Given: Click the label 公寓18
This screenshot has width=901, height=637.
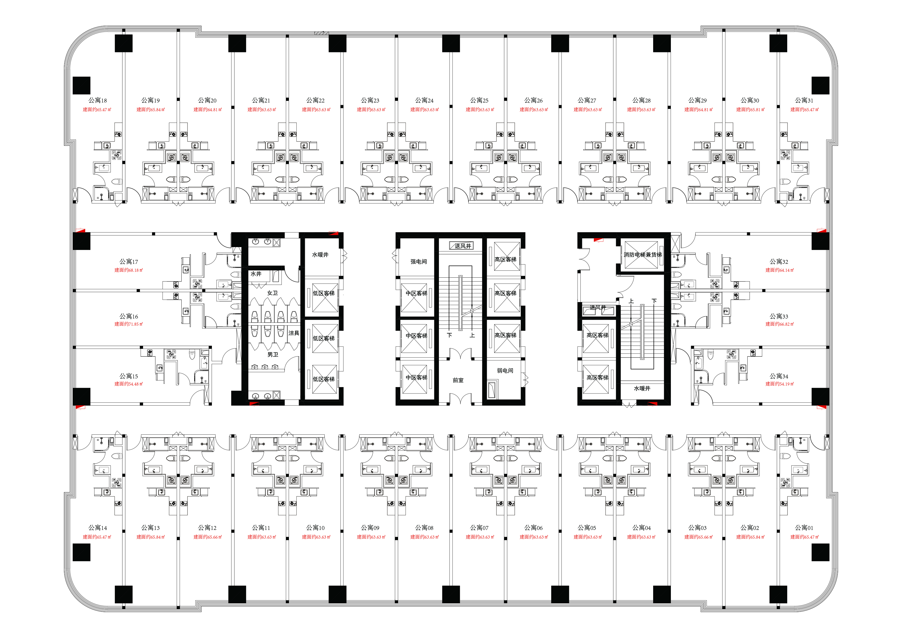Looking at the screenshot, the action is pos(97,100).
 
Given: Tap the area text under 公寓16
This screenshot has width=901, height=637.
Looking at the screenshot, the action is pos(129,324).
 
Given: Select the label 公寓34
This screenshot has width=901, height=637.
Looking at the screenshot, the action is pos(779,376).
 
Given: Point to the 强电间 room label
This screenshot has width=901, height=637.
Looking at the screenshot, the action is pos(418,261).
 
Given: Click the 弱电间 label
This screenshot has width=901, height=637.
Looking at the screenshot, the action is pos(505,370).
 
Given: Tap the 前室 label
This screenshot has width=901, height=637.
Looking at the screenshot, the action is pos(458,380).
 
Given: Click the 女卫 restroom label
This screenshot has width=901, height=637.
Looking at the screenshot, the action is pos(272,293).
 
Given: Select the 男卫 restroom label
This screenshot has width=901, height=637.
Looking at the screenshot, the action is pos(273,354).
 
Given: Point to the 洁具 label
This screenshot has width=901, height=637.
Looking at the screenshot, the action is pos(294,333).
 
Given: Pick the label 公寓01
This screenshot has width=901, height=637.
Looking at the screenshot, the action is pos(804,528).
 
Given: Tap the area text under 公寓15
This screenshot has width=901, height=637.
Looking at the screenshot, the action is pos(129,384).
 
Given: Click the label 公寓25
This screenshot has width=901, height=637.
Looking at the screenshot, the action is pos(479,100).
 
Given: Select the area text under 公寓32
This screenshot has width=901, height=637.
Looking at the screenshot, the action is pos(779,270).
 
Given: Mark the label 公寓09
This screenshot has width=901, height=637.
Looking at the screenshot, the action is pos(370,528).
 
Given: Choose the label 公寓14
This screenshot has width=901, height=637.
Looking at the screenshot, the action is pos(97,528).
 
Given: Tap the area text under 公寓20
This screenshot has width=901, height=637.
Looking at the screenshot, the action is pos(208,109).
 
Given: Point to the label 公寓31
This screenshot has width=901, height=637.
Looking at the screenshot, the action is pos(804,100).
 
